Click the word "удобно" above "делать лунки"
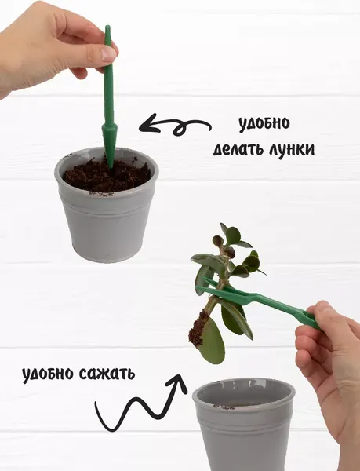(264, 124)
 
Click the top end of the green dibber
(107, 30)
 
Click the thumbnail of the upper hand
(109, 54)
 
